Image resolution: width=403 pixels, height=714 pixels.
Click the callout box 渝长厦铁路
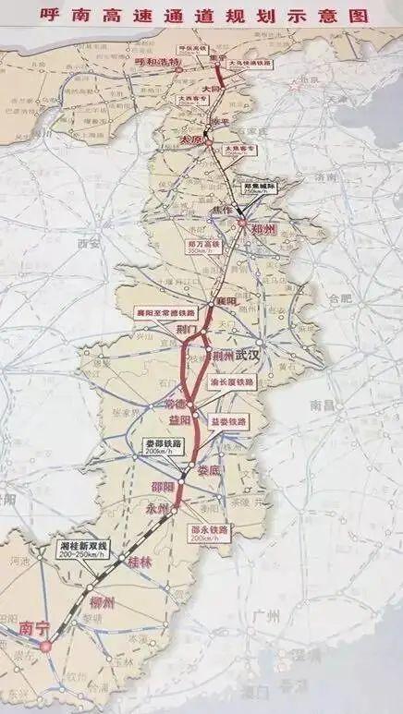coord(236,381)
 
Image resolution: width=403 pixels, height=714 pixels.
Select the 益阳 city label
coord(179,419)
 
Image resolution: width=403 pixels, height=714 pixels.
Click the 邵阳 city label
coord(162,487)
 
